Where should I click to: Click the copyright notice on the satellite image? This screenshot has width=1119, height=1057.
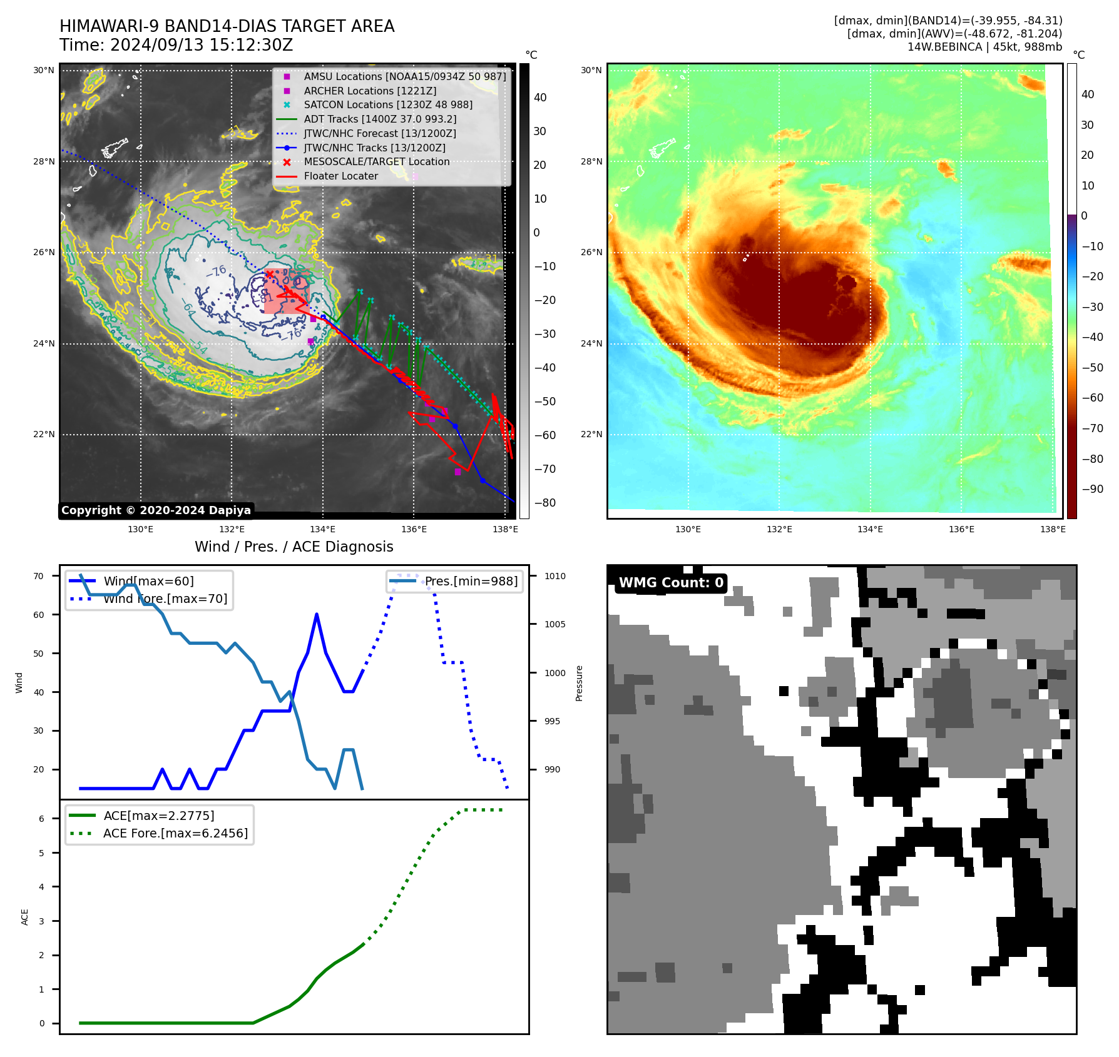click(156, 510)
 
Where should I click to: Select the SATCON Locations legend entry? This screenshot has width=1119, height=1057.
click(387, 105)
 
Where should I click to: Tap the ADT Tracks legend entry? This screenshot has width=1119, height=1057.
click(380, 119)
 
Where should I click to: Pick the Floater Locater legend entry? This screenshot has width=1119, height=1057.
click(340, 176)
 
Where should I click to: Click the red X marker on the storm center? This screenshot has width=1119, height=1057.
click(269, 274)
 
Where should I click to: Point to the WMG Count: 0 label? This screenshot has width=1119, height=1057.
click(671, 583)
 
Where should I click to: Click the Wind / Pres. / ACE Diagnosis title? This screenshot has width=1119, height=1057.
click(294, 547)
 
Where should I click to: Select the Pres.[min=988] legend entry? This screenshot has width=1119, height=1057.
click(471, 581)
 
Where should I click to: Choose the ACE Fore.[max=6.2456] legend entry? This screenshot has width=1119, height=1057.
click(175, 833)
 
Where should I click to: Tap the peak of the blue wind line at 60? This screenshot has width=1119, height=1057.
click(317, 614)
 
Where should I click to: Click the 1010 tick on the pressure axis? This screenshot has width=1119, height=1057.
click(554, 576)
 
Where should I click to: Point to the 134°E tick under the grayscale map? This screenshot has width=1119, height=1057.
click(323, 529)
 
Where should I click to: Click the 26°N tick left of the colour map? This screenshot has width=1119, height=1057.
click(591, 253)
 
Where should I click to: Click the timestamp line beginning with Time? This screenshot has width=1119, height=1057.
click(176, 45)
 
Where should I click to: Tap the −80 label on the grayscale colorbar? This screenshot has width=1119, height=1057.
click(544, 503)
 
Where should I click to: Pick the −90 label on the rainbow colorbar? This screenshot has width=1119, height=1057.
click(1092, 489)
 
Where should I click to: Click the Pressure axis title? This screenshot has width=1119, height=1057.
click(580, 683)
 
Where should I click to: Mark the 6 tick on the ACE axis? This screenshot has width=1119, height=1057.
click(42, 819)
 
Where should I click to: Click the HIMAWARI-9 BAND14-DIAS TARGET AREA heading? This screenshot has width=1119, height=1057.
click(227, 26)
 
